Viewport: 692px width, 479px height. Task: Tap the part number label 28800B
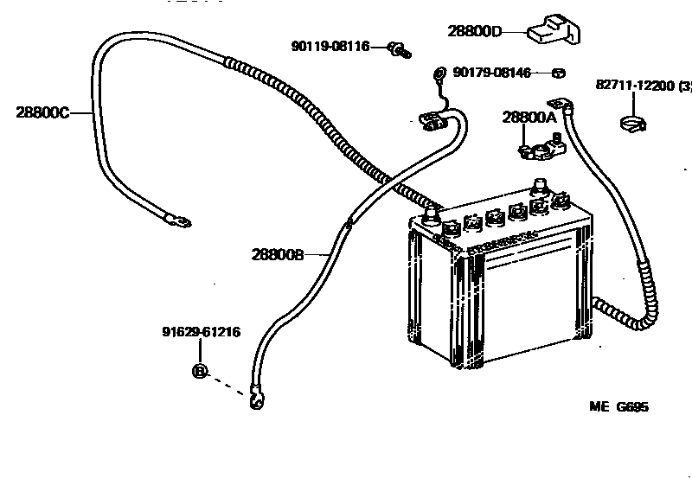pyautogui.click(x=279, y=254)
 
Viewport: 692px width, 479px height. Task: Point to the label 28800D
pyautogui.click(x=474, y=31)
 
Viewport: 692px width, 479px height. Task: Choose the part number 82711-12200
pyautogui.click(x=637, y=86)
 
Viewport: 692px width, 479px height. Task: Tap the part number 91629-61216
pyautogui.click(x=201, y=331)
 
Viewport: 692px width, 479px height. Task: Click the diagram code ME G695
pyautogui.click(x=618, y=407)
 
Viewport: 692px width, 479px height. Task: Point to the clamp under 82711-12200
pyautogui.click(x=633, y=125)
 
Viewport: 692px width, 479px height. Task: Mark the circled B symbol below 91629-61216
pyautogui.click(x=199, y=371)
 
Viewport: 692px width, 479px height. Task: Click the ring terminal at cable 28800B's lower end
pyautogui.click(x=256, y=399)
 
